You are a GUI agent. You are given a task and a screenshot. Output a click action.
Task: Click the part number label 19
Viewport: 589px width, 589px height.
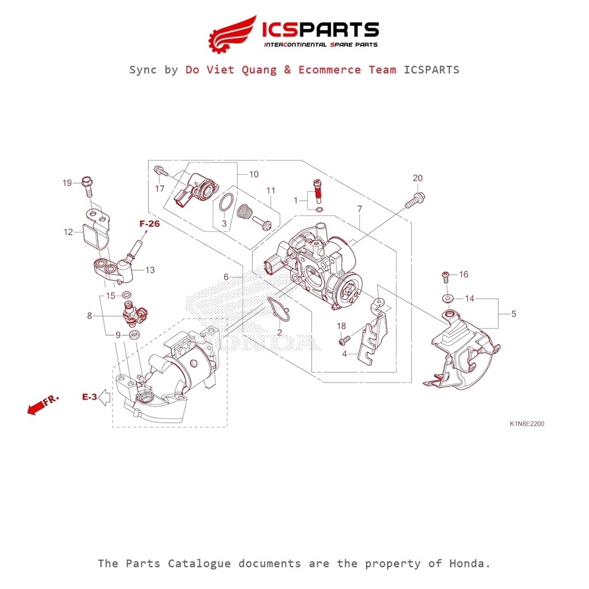point(67,183)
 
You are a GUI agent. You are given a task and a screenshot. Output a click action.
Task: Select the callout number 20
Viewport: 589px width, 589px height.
point(418,178)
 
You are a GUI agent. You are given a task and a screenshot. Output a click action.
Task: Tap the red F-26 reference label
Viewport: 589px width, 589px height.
point(149,224)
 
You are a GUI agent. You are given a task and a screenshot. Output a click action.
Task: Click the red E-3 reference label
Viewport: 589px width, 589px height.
point(90,396)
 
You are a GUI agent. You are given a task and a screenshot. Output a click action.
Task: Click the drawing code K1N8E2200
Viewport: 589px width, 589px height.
point(526,424)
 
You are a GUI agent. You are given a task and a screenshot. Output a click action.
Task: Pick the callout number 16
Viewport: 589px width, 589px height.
point(464,274)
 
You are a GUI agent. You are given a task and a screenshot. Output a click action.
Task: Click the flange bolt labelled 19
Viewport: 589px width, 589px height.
point(87,185)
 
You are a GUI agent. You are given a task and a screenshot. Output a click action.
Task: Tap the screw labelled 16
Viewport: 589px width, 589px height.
point(445,276)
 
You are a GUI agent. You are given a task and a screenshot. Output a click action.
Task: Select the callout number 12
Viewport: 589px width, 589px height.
point(68,232)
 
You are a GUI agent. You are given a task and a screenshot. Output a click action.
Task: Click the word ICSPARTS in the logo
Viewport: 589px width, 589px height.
point(320,29)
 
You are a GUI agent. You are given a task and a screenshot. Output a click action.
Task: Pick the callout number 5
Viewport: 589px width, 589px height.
point(514,314)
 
